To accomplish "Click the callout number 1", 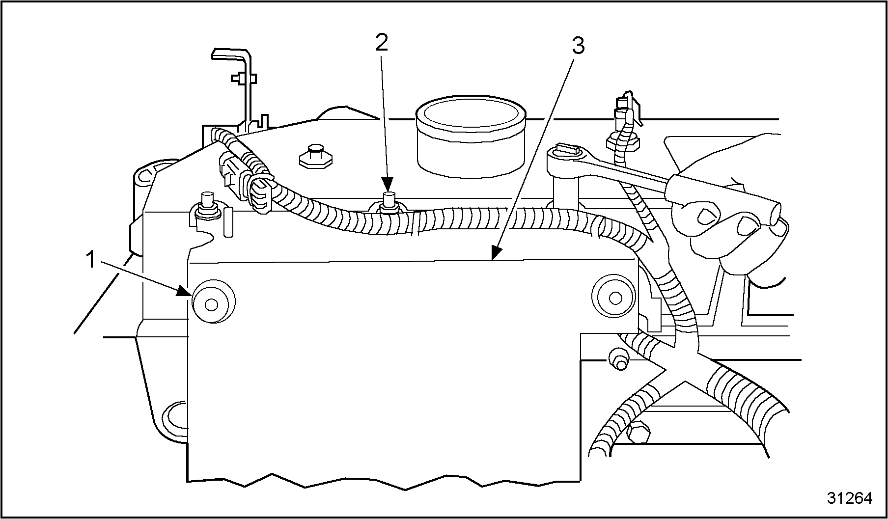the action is (90, 260).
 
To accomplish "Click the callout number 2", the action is (382, 43).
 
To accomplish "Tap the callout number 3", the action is (578, 47).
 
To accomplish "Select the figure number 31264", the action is (849, 498).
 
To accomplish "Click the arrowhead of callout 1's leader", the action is (186, 291).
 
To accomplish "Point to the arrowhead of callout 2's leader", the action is (388, 186).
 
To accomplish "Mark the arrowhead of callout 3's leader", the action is (497, 252).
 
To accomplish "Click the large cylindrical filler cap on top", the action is (471, 137).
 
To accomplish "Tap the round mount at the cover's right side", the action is (614, 298).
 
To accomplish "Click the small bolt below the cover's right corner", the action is (618, 358).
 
